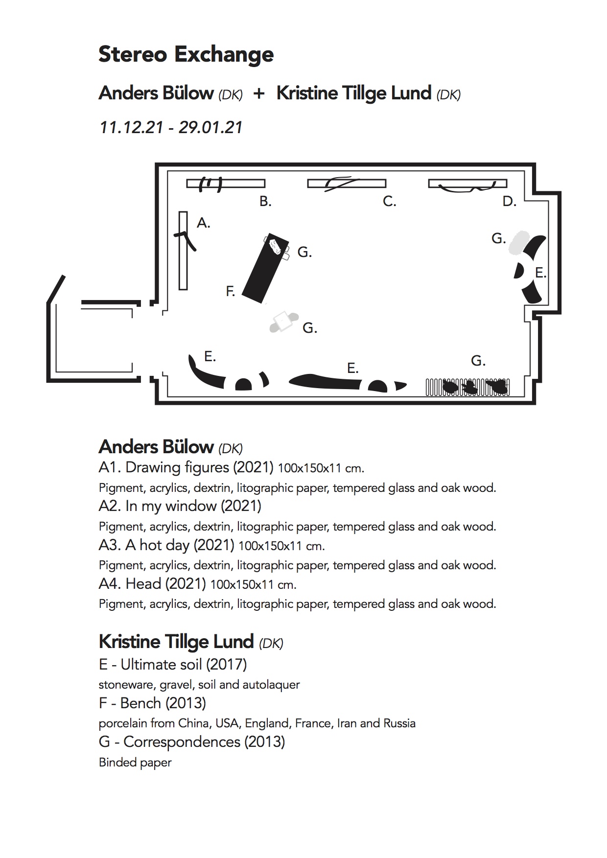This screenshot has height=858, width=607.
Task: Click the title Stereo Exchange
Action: pyautogui.click(x=186, y=55)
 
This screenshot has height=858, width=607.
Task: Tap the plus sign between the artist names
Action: pyautogui.click(x=259, y=93)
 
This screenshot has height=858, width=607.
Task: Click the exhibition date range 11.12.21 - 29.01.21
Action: pyautogui.click(x=171, y=128)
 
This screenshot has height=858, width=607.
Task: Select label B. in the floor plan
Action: pyautogui.click(x=265, y=202)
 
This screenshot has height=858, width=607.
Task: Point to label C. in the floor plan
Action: pyautogui.click(x=389, y=202)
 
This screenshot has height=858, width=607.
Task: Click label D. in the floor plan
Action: pyautogui.click(x=509, y=202)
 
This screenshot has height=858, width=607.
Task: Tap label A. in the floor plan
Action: pyautogui.click(x=203, y=224)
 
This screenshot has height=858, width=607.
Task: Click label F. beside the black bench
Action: pyautogui.click(x=231, y=292)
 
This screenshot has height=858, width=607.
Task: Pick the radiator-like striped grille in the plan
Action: pyautogui.click(x=467, y=387)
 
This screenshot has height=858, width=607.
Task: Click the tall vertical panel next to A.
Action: pyautogui.click(x=183, y=251)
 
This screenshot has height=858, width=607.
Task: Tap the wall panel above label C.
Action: pyautogui.click(x=347, y=184)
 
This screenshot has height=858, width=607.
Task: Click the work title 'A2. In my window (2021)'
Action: pyautogui.click(x=180, y=506)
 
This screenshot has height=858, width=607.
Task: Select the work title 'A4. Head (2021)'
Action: pyautogui.click(x=152, y=584)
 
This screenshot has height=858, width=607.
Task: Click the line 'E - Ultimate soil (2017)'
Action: pyautogui.click(x=173, y=665)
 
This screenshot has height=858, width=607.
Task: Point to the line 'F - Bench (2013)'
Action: pyautogui.click(x=152, y=703)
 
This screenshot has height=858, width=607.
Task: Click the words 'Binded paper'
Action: pyautogui.click(x=135, y=763)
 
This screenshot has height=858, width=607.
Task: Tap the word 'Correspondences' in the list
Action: pyautogui.click(x=182, y=742)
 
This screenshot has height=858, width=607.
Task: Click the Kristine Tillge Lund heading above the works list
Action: pyautogui.click(x=176, y=642)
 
